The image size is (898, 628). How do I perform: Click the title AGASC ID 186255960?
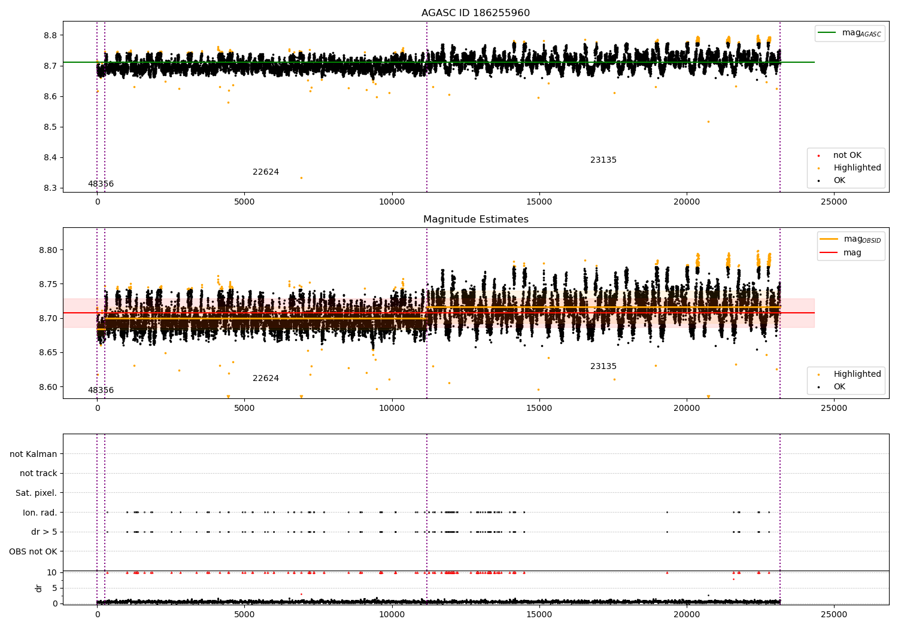tap(475, 13)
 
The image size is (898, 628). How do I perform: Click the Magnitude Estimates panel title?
tap(475, 220)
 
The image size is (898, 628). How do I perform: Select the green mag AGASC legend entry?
tap(850, 33)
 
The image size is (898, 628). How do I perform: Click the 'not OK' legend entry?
tap(847, 156)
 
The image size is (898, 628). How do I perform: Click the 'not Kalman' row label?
tap(34, 455)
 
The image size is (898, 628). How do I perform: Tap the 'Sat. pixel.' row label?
tap(37, 493)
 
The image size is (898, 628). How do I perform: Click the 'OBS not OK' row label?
tap(34, 551)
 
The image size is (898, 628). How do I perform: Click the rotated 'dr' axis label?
tap(39, 588)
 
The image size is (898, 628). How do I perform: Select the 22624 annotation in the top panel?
tap(265, 172)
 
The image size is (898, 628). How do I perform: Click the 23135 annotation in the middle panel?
tap(603, 367)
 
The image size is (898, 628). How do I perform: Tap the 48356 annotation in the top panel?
tap(101, 184)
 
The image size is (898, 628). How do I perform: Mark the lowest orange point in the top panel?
tap(301, 178)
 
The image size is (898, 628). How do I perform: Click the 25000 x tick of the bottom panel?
tap(833, 614)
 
